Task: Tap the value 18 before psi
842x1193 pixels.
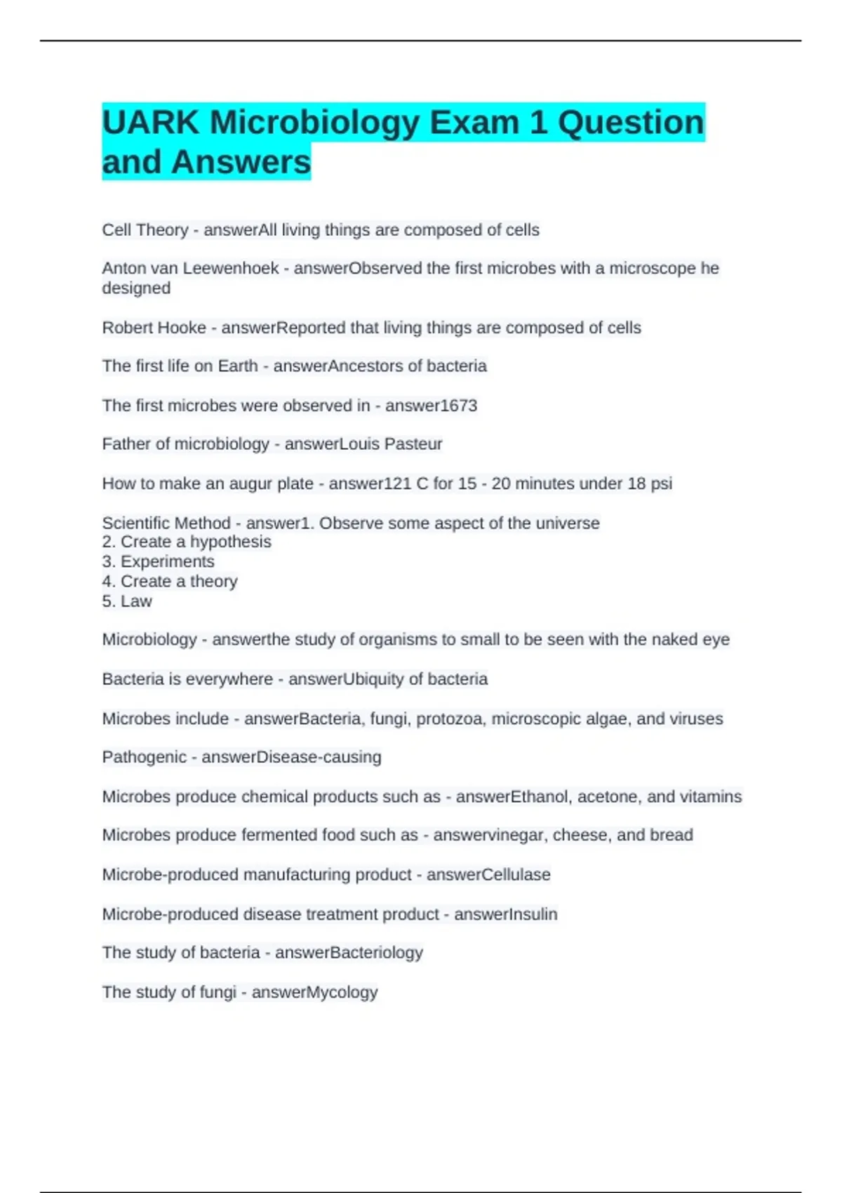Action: pyautogui.click(x=636, y=484)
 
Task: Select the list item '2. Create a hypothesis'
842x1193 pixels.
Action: pyautogui.click(x=187, y=542)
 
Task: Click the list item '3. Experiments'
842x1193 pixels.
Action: pyautogui.click(x=158, y=561)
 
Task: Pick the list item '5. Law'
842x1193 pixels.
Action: pyautogui.click(x=127, y=601)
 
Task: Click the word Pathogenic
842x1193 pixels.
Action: pyautogui.click(x=144, y=757)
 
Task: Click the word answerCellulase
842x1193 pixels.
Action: pyautogui.click(x=488, y=875)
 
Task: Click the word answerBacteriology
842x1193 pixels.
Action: pyautogui.click(x=349, y=953)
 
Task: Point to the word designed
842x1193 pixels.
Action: pyautogui.click(x=136, y=288)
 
